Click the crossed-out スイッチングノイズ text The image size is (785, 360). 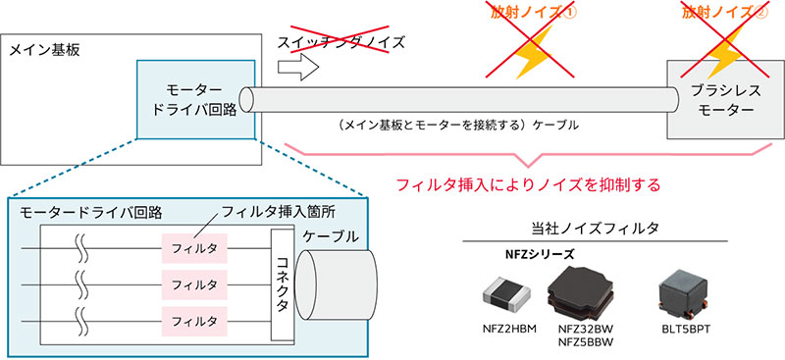(342, 42)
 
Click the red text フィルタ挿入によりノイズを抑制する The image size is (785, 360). (525, 183)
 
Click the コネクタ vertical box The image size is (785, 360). (281, 284)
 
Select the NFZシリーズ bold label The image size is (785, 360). (534, 254)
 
